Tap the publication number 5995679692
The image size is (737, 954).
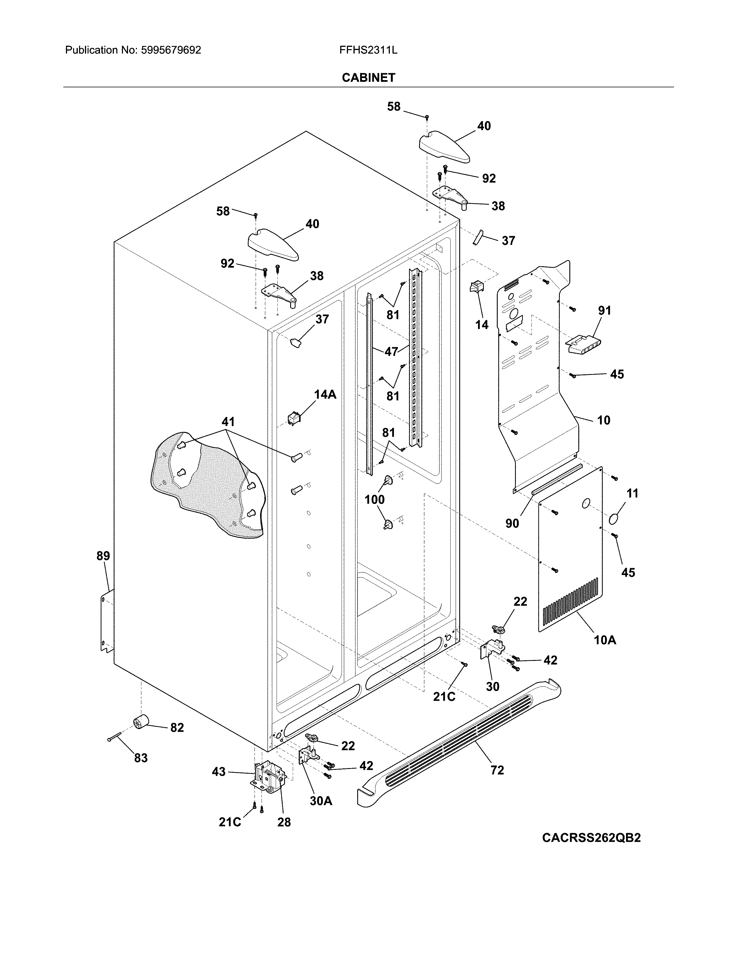(171, 50)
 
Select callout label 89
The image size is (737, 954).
(103, 556)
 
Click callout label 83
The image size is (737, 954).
(140, 758)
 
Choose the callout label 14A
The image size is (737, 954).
(325, 394)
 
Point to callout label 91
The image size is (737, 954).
(604, 310)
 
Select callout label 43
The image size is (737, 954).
(219, 772)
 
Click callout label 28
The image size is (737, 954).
(284, 822)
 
